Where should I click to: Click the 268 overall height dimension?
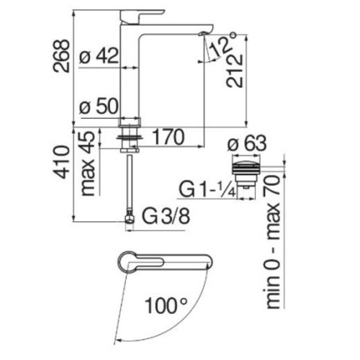point(61,55)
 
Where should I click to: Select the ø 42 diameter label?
point(99,55)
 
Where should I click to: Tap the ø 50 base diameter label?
point(99,106)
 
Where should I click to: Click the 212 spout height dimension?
point(234,71)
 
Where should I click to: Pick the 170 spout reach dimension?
point(168,137)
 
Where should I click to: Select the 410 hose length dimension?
point(61,162)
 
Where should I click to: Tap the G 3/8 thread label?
point(166,216)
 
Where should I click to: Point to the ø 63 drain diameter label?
point(247,143)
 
